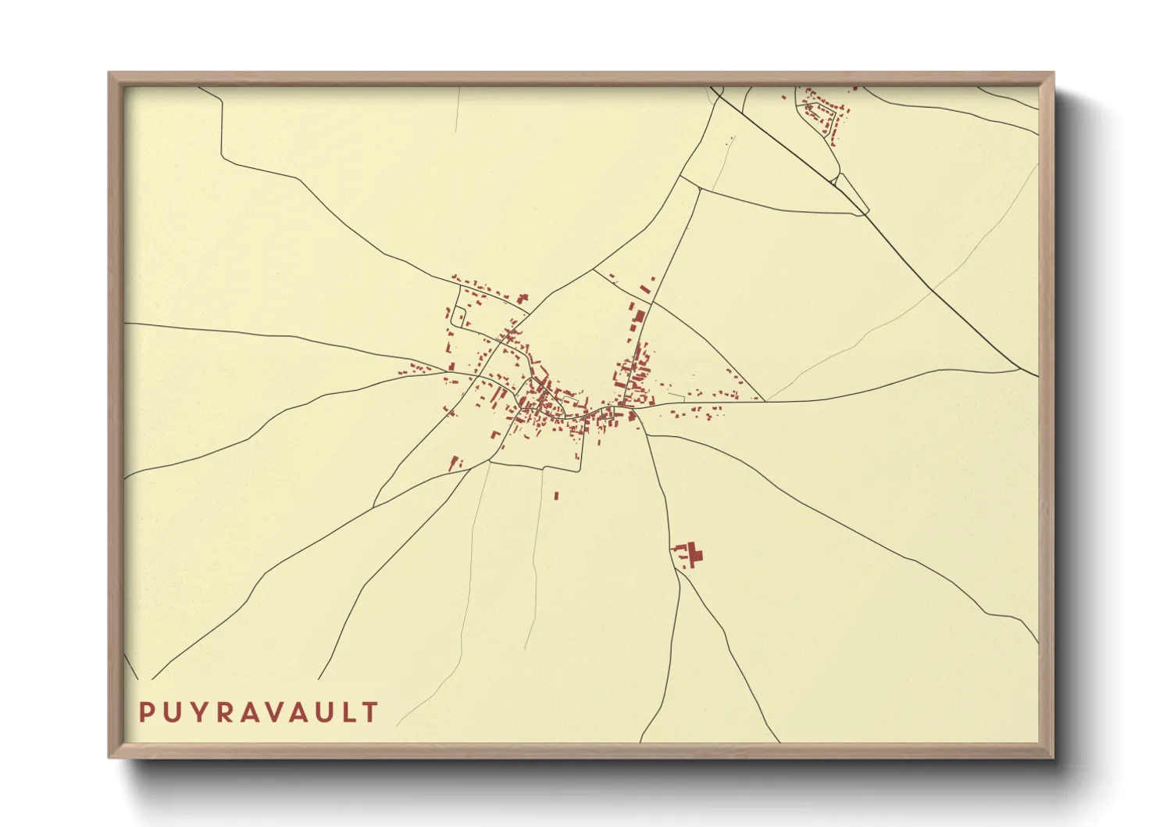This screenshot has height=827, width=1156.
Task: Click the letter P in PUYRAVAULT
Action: (x=147, y=712)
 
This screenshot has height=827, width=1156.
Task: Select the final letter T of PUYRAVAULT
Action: (x=370, y=712)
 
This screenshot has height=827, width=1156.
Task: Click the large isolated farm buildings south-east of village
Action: (x=690, y=555)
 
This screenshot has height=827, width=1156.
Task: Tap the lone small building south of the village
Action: (x=557, y=495)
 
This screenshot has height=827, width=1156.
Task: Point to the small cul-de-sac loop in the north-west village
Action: (x=462, y=317)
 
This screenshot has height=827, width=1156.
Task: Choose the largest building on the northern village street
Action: (x=640, y=317)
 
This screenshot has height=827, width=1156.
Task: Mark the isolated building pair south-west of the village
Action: (x=456, y=463)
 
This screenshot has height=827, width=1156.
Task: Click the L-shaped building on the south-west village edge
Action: (x=494, y=435)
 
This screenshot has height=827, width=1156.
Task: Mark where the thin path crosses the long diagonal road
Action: (x=933, y=291)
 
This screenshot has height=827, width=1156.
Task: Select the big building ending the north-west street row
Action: (x=522, y=299)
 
